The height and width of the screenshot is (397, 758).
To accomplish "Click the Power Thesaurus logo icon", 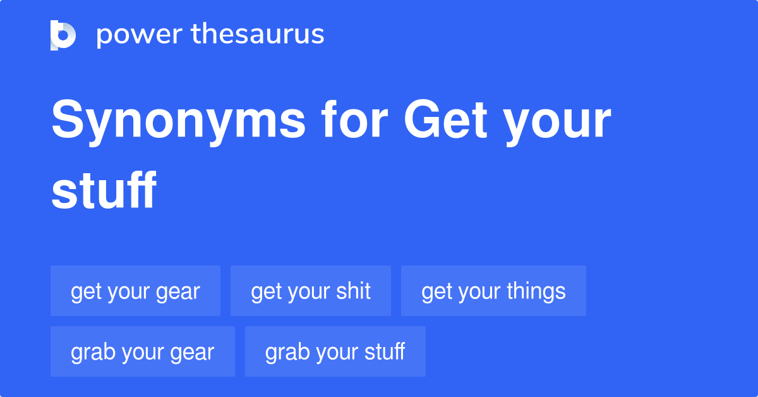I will tap(63, 35).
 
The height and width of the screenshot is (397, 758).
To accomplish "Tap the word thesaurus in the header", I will tap(258, 35).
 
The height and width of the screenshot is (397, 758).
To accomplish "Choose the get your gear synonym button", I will tap(135, 291).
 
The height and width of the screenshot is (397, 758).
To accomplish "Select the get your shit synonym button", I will tap(311, 291).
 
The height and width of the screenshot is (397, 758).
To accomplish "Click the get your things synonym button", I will tap(493, 291).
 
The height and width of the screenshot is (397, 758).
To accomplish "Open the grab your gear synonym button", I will tap(143, 351).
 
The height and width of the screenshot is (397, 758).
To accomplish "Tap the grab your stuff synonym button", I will tap(335, 351).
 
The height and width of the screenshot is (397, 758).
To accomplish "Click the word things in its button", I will tap(536, 291).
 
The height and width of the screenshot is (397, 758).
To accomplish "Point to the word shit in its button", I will tap(354, 291).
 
